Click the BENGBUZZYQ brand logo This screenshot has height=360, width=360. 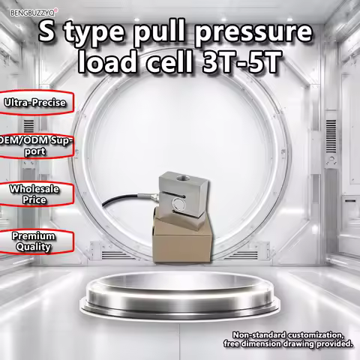[x=34, y=12]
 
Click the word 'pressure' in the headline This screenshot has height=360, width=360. [x=253, y=33]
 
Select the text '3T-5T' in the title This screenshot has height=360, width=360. [x=241, y=61]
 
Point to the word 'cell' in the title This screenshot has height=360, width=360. [x=169, y=61]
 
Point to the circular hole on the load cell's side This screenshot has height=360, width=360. [x=178, y=202]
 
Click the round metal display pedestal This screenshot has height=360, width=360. [x=180, y=294]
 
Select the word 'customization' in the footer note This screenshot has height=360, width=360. [x=315, y=335]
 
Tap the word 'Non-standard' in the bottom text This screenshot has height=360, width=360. [x=259, y=335]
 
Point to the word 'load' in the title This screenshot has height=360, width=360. [x=108, y=61]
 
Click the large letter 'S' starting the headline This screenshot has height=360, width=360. [x=47, y=32]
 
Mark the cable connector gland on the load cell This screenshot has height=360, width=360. [x=152, y=197]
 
